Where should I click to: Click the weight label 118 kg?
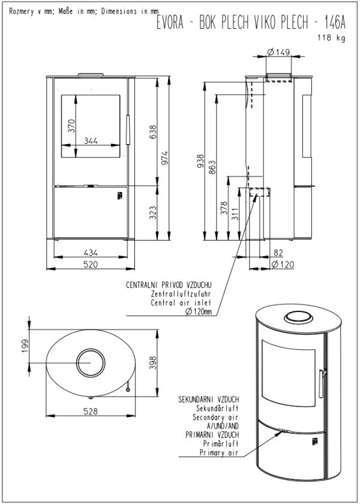click(x=332, y=38)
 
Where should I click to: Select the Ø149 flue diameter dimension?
click(x=278, y=52)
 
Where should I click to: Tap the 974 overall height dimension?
click(x=166, y=157)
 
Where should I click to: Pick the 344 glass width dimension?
click(x=91, y=141)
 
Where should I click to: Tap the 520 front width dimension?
click(x=91, y=264)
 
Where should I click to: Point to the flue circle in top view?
click(x=91, y=364)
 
